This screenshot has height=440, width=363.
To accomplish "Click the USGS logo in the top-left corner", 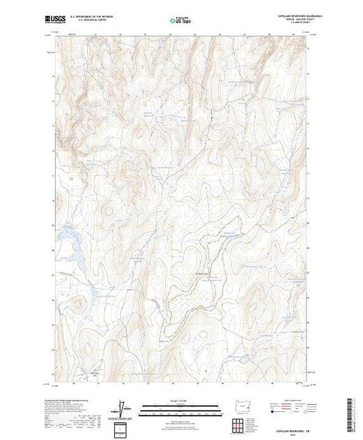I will point(58,20).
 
